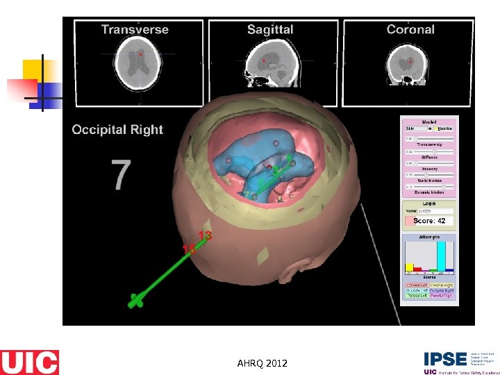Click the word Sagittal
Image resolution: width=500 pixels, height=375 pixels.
click(270, 29)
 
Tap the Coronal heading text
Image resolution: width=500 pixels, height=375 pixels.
click(410, 29)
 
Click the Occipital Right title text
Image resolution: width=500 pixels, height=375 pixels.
click(117, 129)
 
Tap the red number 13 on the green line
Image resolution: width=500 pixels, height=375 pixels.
click(205, 235)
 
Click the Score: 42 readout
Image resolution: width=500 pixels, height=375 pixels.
click(429, 221)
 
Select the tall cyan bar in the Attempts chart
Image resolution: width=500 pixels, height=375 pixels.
click(440, 256)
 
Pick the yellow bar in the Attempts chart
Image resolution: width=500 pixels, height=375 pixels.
click(409, 266)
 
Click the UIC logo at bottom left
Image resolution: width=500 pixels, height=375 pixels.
click(29, 362)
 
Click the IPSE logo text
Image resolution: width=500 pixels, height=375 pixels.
click(445, 359)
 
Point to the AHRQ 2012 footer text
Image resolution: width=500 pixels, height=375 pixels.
click(262, 363)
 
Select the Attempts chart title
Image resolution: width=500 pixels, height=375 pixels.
click(428, 237)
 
